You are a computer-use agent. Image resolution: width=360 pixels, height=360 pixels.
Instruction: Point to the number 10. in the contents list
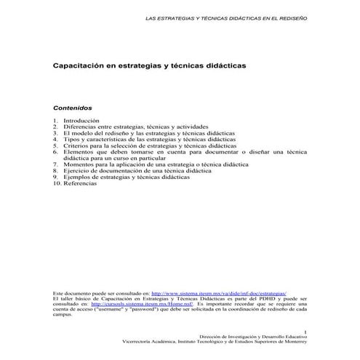(x=57, y=183)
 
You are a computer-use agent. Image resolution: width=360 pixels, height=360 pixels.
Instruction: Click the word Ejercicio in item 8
(x=77, y=171)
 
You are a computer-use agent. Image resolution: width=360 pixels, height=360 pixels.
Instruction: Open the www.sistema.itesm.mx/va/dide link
(x=218, y=291)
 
